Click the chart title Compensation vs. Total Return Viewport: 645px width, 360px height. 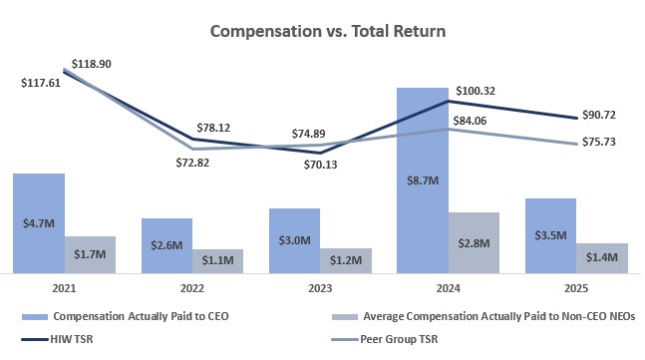point(327,31)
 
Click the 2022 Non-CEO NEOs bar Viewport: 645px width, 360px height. point(217,260)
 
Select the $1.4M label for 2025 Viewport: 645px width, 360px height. point(601,257)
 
